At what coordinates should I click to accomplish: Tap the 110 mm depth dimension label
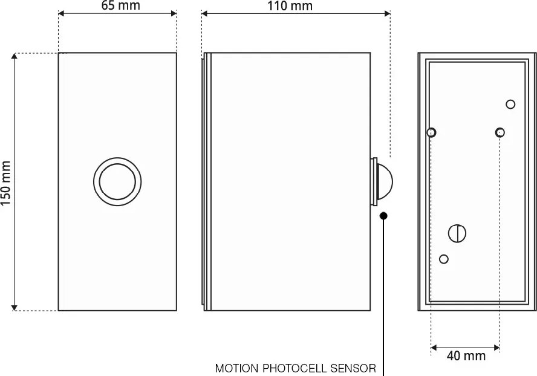click(x=290, y=6)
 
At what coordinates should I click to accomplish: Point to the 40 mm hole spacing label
click(x=466, y=356)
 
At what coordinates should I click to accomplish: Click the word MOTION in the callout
click(x=237, y=368)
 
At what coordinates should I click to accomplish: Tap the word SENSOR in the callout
click(x=353, y=368)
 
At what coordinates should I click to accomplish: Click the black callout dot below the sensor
click(x=383, y=215)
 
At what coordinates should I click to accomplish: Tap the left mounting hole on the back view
click(x=431, y=132)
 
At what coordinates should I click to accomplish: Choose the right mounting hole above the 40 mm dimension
click(x=500, y=132)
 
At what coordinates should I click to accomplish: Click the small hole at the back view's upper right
click(x=510, y=104)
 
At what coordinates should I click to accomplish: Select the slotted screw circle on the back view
click(x=457, y=233)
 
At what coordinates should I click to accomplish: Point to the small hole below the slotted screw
click(x=444, y=259)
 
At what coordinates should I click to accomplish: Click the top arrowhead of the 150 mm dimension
click(x=14, y=56)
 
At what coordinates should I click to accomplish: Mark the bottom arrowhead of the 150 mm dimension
click(x=14, y=308)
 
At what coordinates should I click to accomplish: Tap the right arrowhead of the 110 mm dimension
click(x=387, y=13)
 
